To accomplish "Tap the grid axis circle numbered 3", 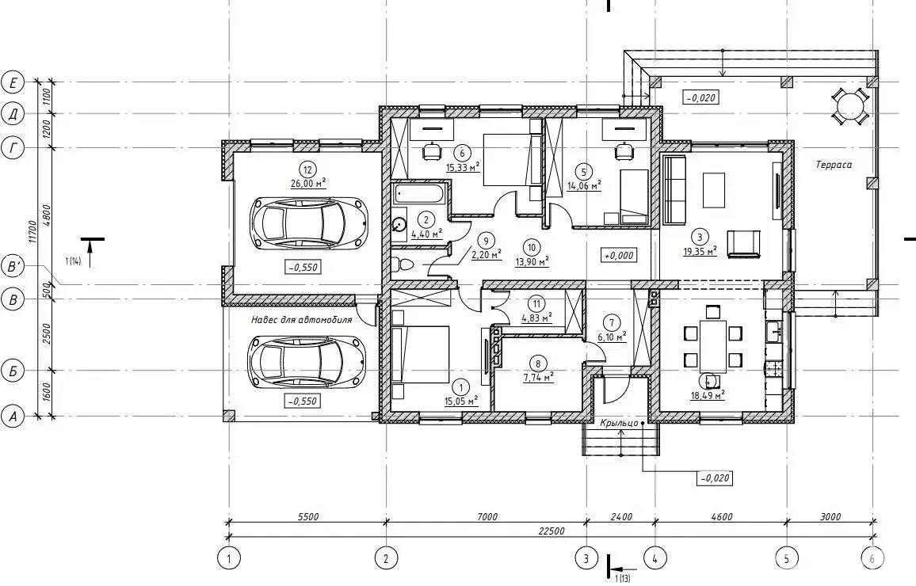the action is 586,558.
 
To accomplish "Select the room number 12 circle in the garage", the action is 307,169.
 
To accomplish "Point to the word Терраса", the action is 834,166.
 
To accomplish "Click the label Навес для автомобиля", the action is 301,320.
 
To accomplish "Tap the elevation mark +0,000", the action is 619,256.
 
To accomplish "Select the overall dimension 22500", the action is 552,531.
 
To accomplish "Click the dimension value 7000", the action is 487,516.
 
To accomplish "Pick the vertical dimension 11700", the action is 32,231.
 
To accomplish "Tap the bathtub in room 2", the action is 420,194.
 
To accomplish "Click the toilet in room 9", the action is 401,265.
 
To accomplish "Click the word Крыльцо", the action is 619,423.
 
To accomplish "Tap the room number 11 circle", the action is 536,303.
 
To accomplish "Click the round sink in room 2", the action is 400,223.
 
